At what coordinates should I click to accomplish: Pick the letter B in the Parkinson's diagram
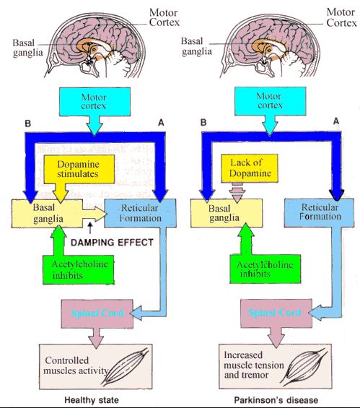coord(205,123)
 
